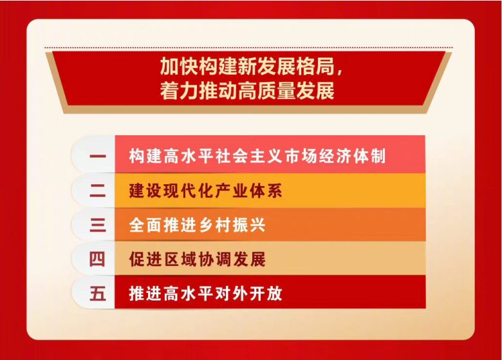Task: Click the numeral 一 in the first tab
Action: pyautogui.click(x=98, y=156)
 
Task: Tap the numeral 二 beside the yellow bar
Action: pyautogui.click(x=98, y=191)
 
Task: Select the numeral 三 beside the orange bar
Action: pyautogui.click(x=98, y=225)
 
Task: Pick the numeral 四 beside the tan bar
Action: pyautogui.click(x=97, y=259)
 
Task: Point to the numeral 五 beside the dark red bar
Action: pyautogui.click(x=98, y=293)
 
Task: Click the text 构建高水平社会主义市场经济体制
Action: pyautogui.click(x=257, y=156)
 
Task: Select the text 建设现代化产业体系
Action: pyautogui.click(x=205, y=191)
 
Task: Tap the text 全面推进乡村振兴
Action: pyautogui.click(x=197, y=225)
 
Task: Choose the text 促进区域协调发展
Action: pyautogui.click(x=197, y=259)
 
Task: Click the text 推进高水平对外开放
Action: pyautogui.click(x=205, y=294)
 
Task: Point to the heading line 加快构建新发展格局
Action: pyautogui.click(x=247, y=66)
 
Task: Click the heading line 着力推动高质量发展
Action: pyautogui.click(x=247, y=91)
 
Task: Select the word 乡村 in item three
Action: pyautogui.click(x=214, y=225)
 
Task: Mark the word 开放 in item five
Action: pyautogui.click(x=266, y=294)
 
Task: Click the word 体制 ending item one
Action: pyautogui.click(x=370, y=156)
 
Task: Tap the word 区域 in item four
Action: pyautogui.click(x=180, y=259)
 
